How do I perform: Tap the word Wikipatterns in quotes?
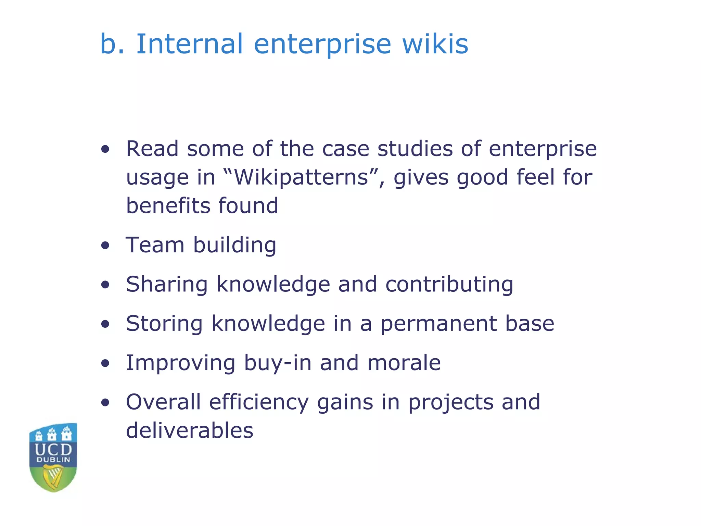[301, 177]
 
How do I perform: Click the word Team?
[155, 245]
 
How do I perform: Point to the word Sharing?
[167, 285]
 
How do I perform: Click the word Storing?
[164, 324]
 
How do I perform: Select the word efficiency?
[259, 402]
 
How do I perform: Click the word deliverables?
[190, 430]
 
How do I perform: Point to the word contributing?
[449, 285]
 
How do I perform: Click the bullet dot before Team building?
[105, 246]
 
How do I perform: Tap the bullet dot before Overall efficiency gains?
[105, 403]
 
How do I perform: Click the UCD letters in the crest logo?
[53, 449]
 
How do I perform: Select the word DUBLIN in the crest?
[53, 460]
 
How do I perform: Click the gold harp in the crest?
[53, 476]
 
